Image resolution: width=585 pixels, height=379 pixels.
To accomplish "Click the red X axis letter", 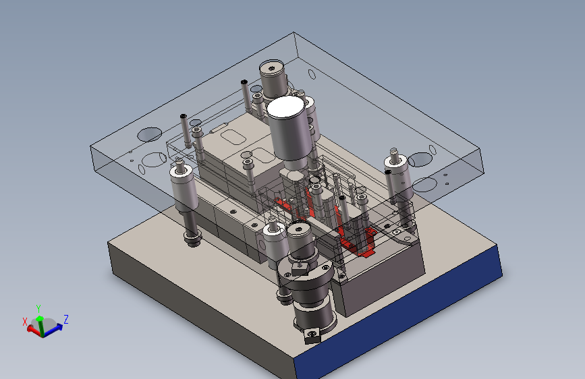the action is pos(25,322).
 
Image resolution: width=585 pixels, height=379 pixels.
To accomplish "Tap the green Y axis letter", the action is pos(38,309).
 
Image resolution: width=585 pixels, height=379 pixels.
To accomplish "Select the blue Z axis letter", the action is pos(66,319).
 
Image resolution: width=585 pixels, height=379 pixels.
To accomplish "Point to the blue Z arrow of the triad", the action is pos(54,329).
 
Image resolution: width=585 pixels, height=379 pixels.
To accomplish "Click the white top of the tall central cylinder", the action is pos(286,107).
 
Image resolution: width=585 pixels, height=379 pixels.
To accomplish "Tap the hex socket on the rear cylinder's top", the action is pos(272,68).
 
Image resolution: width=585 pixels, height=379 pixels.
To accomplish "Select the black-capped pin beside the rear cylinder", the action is pos(246,95).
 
